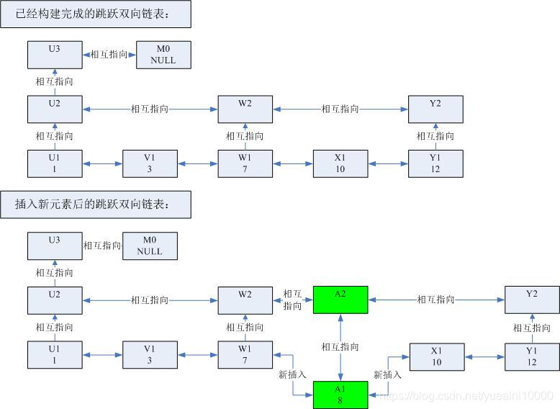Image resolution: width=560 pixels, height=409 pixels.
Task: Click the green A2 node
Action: coord(340,300)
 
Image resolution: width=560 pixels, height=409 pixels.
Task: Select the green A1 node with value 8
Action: coord(340,395)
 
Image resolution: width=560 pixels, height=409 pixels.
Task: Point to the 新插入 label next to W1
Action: coord(292,374)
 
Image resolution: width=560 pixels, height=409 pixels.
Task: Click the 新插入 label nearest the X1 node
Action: coord(388,374)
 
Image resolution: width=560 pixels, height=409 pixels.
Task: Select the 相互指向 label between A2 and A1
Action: coord(340,347)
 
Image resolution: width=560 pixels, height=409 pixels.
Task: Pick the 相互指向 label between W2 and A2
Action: coord(293,300)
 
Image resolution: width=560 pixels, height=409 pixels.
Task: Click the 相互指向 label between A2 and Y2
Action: coord(436,300)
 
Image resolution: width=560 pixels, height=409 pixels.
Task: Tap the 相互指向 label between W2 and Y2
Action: coord(340,109)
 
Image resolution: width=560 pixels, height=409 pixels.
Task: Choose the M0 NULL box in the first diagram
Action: coord(163,55)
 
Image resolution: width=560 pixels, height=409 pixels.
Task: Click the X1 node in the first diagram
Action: coord(340,163)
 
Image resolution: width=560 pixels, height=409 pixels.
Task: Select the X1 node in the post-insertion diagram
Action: coord(436,356)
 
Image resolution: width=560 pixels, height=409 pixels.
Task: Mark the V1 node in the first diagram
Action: coord(150,163)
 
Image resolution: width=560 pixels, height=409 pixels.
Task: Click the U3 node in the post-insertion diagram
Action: coord(55,246)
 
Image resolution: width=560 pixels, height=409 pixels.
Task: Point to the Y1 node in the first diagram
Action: coord(435,163)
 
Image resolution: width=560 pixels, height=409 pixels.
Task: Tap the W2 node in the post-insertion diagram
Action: coord(245,300)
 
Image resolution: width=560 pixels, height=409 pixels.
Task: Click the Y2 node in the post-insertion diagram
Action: coord(532,300)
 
